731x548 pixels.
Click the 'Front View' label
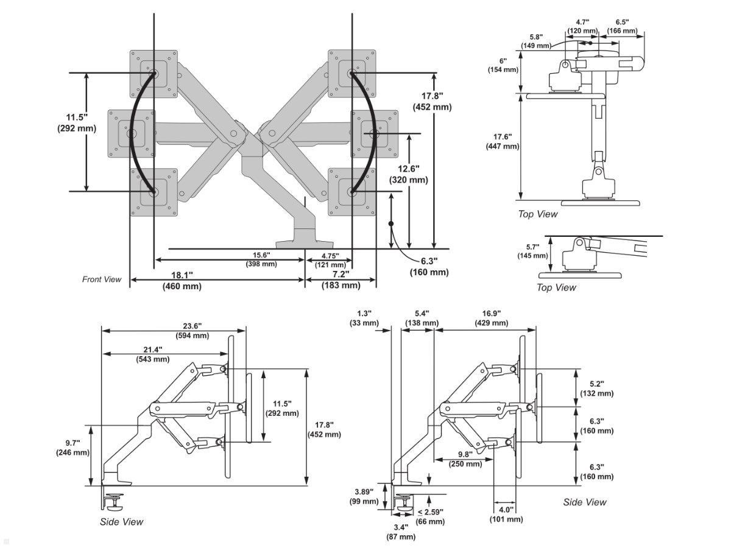click(102, 279)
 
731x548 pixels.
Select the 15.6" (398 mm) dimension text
click(261, 259)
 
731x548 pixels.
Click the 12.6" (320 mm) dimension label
click(408, 174)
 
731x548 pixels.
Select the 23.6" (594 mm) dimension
click(192, 330)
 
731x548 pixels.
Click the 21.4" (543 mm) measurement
click(152, 354)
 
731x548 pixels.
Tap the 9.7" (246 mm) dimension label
click(72, 447)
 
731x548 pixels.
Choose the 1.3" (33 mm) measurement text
click(364, 318)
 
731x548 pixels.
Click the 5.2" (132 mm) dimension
click(596, 388)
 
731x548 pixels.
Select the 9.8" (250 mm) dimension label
click(465, 458)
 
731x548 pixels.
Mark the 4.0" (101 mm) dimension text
click(506, 514)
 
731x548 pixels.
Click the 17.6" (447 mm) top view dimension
click(502, 141)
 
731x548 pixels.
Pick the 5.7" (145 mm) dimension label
click(532, 251)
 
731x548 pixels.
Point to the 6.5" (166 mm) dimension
click(622, 26)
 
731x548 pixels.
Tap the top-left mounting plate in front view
click(154, 74)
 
